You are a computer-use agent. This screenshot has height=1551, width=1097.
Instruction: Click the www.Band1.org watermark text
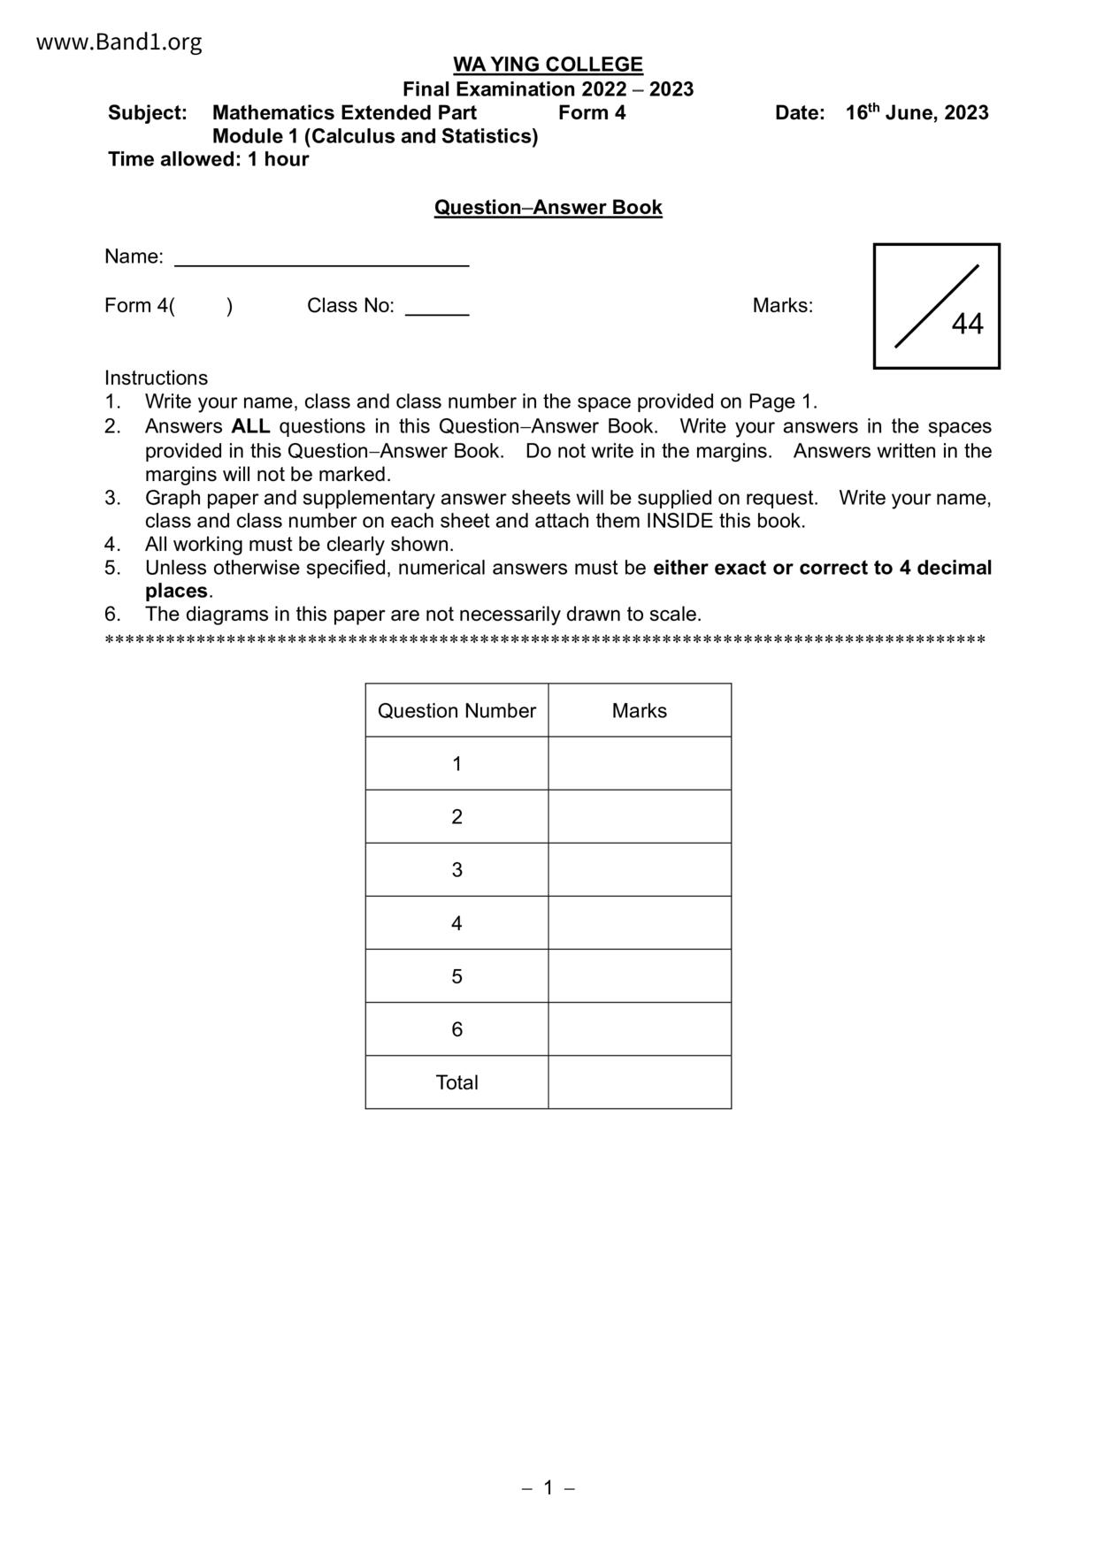pos(119,42)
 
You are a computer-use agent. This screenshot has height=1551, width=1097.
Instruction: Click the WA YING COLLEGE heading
pos(548,65)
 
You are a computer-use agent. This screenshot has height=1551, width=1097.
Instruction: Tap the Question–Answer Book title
pos(548,208)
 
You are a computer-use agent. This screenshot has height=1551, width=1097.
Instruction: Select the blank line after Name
pos(321,259)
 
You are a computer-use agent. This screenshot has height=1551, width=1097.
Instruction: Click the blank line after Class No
pos(437,309)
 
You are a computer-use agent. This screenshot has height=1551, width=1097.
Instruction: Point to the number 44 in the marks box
pos(967,325)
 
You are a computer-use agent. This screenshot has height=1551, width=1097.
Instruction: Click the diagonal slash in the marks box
pos(936,306)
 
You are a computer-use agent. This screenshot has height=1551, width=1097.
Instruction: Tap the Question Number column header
pos(456,711)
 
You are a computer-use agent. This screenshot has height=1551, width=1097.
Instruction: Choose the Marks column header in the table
pos(639,711)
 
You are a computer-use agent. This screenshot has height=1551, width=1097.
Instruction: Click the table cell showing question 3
pos(456,870)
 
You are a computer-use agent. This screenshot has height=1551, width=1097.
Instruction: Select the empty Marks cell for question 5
pos(639,976)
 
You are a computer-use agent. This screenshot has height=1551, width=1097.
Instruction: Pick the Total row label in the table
pos(456,1082)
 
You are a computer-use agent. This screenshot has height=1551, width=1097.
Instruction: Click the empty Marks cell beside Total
pos(639,1082)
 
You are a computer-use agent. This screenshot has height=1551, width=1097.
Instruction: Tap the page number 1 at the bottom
pos(548,1488)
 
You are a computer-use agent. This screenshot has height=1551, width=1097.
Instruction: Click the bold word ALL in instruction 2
pos(250,426)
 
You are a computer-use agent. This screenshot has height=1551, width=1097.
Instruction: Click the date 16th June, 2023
pos(917,113)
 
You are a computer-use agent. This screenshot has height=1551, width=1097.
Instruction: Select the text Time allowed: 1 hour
pos(208,160)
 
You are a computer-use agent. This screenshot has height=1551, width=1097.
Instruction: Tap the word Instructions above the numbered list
pos(156,378)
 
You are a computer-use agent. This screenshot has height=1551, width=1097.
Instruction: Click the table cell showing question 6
pos(456,1029)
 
